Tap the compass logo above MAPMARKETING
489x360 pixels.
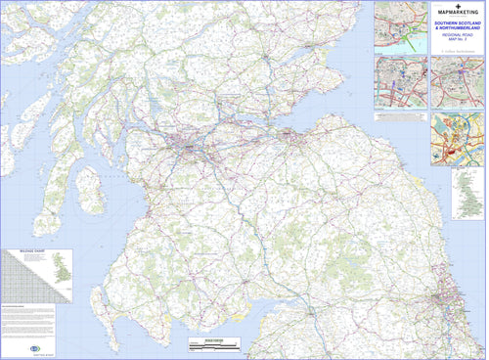[x=457, y=6]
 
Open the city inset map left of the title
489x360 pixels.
[x=400, y=26]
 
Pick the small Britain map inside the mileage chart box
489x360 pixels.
[x=61, y=270]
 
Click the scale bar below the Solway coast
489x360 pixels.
[x=214, y=342]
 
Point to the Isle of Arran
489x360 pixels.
[x=91, y=189]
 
